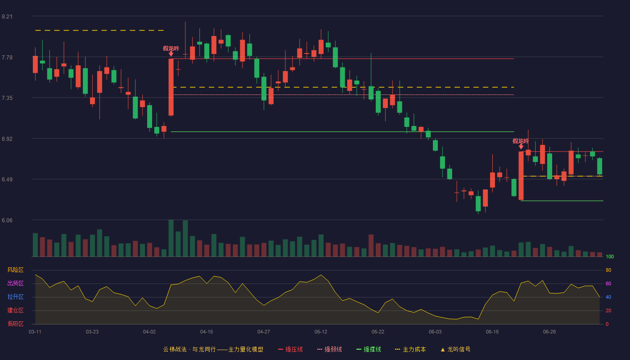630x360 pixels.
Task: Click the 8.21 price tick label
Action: coord(7,17)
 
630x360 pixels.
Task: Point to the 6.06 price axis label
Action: coord(7,220)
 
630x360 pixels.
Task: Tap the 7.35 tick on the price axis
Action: coord(7,98)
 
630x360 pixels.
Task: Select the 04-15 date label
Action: coord(207,332)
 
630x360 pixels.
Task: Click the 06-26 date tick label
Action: coord(549,332)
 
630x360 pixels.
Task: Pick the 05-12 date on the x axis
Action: coord(320,332)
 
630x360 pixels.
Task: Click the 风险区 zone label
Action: coord(15,270)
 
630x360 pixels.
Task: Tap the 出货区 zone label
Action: coord(15,283)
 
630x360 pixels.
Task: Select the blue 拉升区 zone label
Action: coord(15,297)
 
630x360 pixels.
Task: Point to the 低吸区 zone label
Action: coord(15,324)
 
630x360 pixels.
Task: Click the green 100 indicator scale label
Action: coord(610,256)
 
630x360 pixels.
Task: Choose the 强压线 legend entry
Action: coord(290,349)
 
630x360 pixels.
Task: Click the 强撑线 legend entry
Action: coord(369,349)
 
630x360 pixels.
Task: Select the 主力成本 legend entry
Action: coord(410,349)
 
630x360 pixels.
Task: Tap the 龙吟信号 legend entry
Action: coord(455,349)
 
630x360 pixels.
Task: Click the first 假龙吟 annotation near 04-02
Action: coord(171,49)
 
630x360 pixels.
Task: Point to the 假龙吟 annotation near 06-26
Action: coord(521,141)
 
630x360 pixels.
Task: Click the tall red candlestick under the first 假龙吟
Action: coord(171,87)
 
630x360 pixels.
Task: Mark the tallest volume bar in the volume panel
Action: coord(171,238)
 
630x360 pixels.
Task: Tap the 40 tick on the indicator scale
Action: coord(608,297)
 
